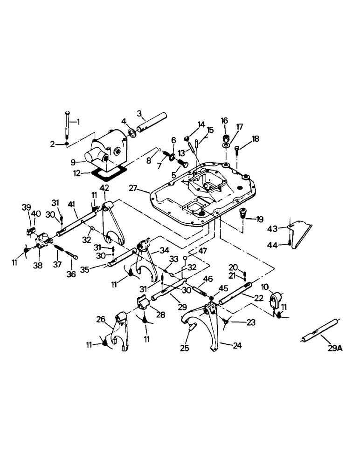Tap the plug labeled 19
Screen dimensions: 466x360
click(243, 214)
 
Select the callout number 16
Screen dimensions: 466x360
click(224, 121)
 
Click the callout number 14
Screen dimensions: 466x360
click(201, 124)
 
